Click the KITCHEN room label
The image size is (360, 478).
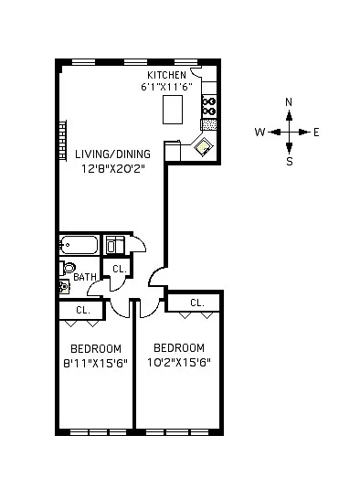tap(166, 75)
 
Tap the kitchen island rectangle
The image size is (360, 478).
tap(173, 110)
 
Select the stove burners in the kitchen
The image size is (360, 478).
tap(209, 106)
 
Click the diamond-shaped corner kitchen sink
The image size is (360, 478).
tap(204, 146)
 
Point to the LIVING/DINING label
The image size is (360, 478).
tap(112, 154)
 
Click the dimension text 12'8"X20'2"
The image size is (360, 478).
tap(112, 168)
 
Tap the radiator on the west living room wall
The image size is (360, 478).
tap(63, 141)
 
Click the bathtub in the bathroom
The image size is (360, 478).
tap(79, 245)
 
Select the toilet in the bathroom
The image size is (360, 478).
tap(68, 268)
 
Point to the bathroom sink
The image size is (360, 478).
tap(64, 287)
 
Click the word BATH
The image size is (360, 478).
tap(85, 277)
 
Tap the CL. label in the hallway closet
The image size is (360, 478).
tap(120, 269)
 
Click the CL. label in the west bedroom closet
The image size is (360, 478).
tap(83, 310)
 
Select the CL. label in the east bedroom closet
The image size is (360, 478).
tap(197, 303)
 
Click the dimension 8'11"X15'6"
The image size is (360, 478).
tap(95, 364)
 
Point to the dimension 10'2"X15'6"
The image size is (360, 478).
tap(179, 363)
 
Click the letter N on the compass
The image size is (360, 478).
tap(289, 102)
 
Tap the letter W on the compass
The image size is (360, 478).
tap(260, 133)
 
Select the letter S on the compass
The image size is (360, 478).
tap(290, 161)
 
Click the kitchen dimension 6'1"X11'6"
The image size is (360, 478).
tap(166, 87)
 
